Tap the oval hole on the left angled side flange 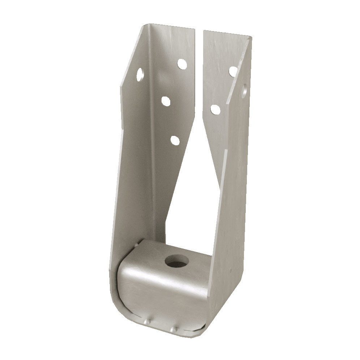pos(140,75)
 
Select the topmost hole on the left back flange pos(181,64)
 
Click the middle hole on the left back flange pos(166,101)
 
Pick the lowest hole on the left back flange pos(175,140)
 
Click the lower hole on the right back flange pos(215,108)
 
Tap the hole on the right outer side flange pos(245,89)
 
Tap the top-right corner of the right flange pos(251,37)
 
